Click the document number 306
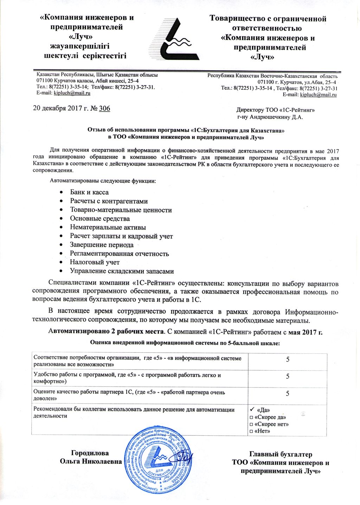point(104,109)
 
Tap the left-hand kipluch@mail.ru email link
point(72,93)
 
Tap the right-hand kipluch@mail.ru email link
point(319,95)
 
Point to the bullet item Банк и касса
point(89,192)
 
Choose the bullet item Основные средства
point(100,219)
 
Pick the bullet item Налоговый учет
point(95,262)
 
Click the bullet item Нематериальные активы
point(108,228)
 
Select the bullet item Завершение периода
point(102,245)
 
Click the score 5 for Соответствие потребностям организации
point(288,360)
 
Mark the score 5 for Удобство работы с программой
point(288,376)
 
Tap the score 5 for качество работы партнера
point(288,394)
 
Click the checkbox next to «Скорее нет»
point(251,424)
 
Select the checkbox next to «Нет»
point(251,431)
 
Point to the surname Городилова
point(90,453)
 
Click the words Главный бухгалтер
point(281,455)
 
